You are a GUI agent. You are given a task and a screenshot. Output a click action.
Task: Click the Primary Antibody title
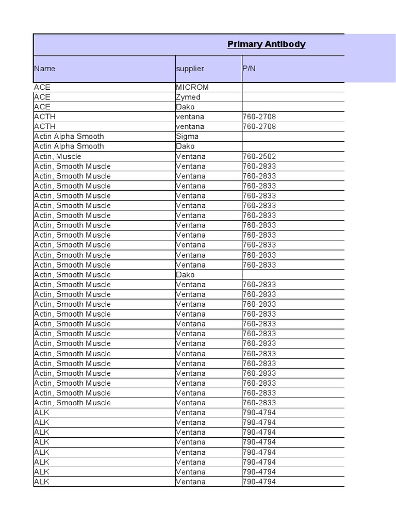(266, 44)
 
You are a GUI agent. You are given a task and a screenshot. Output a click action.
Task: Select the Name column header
(45, 69)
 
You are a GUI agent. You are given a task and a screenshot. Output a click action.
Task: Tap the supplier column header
(190, 69)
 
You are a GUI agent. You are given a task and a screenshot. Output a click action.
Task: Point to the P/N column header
(249, 69)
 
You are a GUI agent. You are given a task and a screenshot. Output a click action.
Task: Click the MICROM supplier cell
(192, 87)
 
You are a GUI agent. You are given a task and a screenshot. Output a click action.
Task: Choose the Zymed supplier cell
(188, 97)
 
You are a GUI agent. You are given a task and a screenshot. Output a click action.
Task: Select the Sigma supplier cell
(187, 137)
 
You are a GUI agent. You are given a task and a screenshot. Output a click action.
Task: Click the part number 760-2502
(259, 156)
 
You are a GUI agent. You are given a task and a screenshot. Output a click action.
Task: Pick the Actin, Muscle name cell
(58, 156)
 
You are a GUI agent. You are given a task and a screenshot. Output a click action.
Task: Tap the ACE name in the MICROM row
(42, 87)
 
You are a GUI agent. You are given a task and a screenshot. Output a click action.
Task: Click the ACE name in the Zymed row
(42, 97)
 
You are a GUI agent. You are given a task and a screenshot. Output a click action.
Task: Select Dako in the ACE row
(186, 107)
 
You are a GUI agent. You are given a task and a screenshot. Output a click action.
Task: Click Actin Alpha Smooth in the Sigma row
(69, 137)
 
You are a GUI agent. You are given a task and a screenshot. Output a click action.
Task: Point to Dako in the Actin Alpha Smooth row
(186, 146)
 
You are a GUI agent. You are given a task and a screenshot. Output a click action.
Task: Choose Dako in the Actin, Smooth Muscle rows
(186, 275)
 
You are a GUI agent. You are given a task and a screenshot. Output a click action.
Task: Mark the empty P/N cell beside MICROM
(293, 87)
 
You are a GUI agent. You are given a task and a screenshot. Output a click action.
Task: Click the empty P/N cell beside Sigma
(293, 137)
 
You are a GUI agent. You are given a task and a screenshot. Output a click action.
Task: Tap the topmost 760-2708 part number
(259, 117)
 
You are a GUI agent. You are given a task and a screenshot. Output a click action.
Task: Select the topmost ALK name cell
(42, 412)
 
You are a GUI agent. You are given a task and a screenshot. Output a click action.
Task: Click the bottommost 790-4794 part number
(259, 482)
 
